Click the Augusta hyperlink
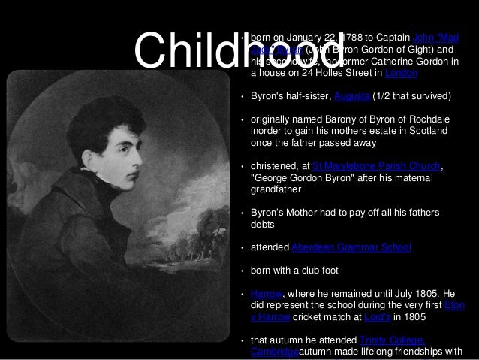tap(352, 96)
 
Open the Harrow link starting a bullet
tap(264, 294)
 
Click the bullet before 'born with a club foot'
tap(242, 271)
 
